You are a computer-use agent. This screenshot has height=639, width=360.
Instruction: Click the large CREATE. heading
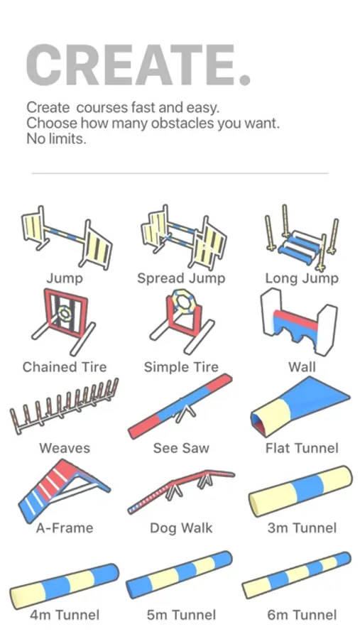click(138, 65)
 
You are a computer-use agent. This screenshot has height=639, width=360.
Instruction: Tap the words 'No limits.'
click(56, 139)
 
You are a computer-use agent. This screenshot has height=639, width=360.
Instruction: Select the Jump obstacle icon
click(67, 238)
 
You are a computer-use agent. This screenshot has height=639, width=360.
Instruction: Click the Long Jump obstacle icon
click(302, 238)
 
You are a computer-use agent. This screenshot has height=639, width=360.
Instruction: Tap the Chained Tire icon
click(64, 322)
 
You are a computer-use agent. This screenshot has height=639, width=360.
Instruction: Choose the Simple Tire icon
click(182, 322)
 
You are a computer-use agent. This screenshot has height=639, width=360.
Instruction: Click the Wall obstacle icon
click(299, 322)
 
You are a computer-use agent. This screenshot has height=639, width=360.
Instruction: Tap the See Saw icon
click(180, 406)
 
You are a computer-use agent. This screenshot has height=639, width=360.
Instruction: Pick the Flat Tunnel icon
click(300, 406)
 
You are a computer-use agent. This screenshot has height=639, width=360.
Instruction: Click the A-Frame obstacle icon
click(64, 491)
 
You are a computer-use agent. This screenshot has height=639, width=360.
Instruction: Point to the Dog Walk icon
click(181, 491)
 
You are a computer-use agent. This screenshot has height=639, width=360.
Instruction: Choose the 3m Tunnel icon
click(300, 491)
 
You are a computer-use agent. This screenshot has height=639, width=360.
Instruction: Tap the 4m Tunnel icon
click(64, 586)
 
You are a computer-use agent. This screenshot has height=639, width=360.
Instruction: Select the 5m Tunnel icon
click(180, 574)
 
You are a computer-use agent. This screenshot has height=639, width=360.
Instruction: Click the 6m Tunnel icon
click(296, 574)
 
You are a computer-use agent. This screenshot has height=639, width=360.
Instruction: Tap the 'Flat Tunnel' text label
click(302, 448)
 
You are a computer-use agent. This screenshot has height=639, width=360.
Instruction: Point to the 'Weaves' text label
click(65, 448)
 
